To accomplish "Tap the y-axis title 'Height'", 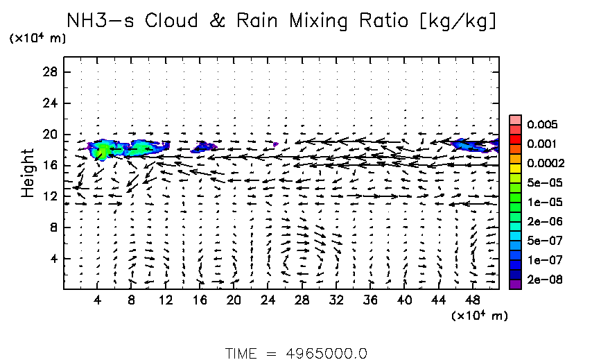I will click(x=28, y=172).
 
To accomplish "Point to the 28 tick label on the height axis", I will click(x=50, y=72).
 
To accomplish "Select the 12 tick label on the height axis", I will click(x=50, y=196).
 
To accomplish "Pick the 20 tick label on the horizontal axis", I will click(x=234, y=300).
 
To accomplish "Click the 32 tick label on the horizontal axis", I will click(x=336, y=300).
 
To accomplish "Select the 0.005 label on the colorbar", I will click(x=539, y=125).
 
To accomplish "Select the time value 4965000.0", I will click(x=326, y=352).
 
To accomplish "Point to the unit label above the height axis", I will click(x=37, y=39).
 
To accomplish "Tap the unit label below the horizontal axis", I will click(x=479, y=316).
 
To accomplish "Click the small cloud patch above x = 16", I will click(x=204, y=146).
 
